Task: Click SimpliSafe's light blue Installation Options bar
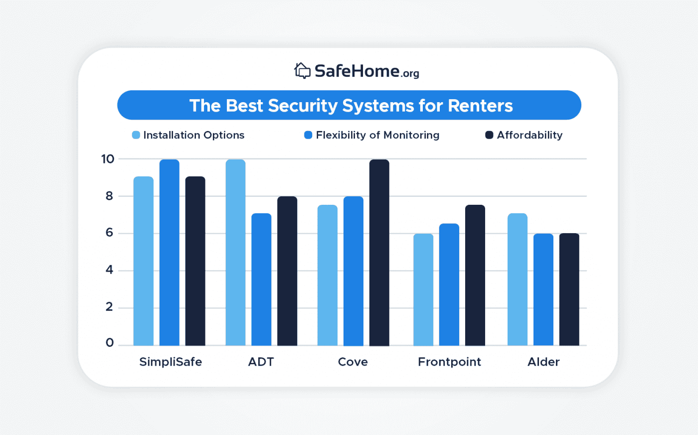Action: tap(144, 261)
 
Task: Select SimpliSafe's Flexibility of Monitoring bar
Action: tap(170, 253)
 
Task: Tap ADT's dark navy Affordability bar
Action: tap(287, 271)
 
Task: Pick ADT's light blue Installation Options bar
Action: tap(235, 253)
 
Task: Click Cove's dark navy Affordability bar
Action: tap(379, 253)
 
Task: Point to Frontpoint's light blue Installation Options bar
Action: tap(423, 290)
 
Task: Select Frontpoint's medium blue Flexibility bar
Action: tap(449, 285)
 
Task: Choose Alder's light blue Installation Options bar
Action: tap(518, 280)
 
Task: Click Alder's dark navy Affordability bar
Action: tap(569, 290)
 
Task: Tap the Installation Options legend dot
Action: tap(136, 135)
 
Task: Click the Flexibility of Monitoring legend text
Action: tap(377, 135)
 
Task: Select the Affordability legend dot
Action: tap(490, 135)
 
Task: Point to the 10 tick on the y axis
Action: tap(108, 159)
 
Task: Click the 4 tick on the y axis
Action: tap(110, 270)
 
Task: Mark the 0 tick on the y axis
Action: tap(110, 343)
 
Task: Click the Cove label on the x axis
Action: tap(353, 362)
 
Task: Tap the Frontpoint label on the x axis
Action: tap(449, 362)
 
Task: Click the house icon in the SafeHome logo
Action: tap(302, 71)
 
